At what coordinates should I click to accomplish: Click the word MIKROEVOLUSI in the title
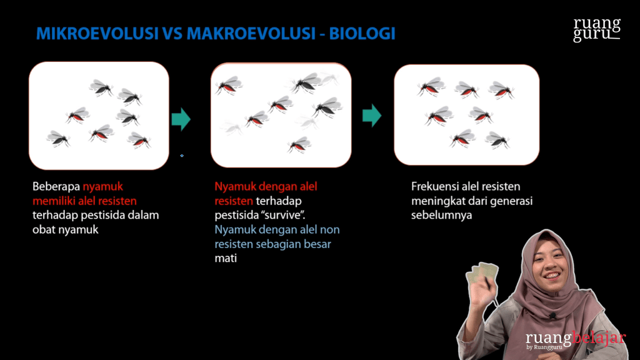pyautogui.click(x=97, y=34)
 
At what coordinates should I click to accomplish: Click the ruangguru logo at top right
pyautogui.click(x=597, y=29)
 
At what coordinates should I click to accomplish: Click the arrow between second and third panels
pyautogui.click(x=372, y=115)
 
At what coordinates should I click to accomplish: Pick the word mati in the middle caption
pyautogui.click(x=226, y=258)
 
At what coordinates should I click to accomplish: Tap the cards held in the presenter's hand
pyautogui.click(x=482, y=272)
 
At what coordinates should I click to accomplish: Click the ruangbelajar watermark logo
pyautogui.click(x=575, y=339)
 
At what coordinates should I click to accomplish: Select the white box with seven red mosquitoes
pyautogui.click(x=466, y=114)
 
